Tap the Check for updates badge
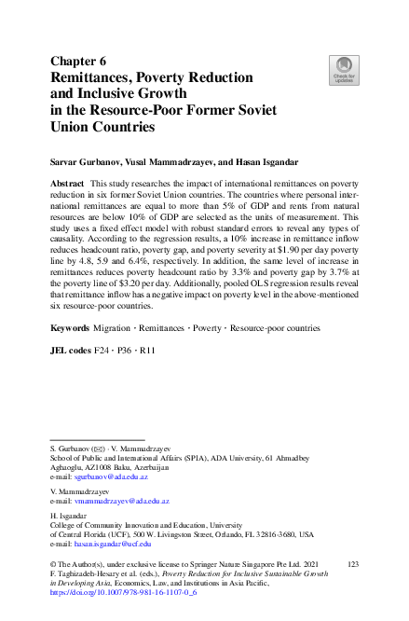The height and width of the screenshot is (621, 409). [x=341, y=68]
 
